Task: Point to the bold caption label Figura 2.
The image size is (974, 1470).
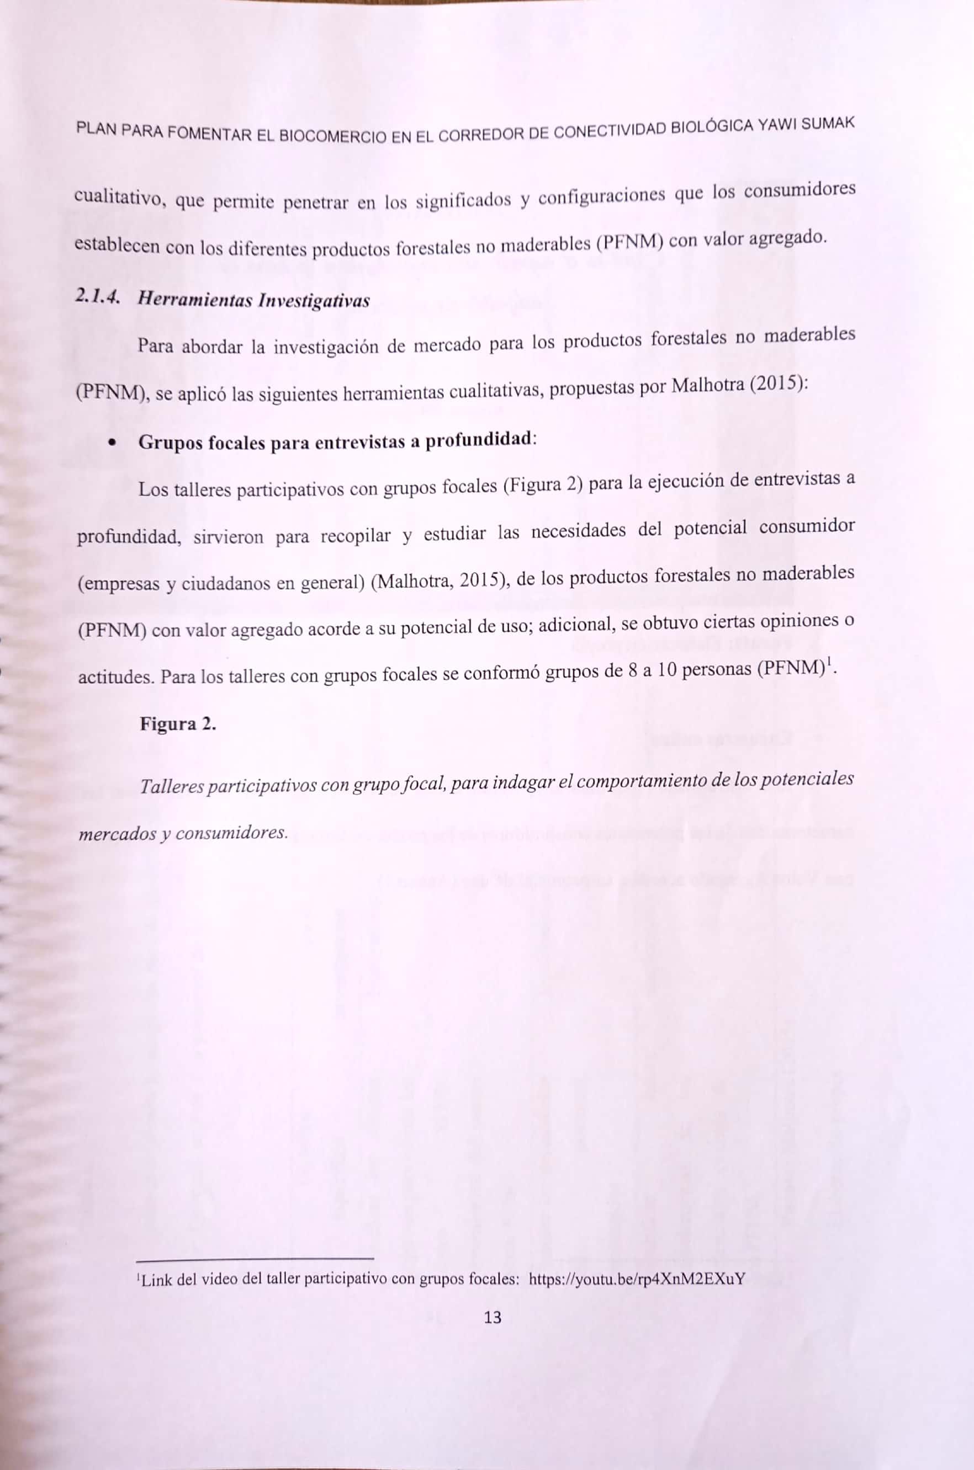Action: [178, 724]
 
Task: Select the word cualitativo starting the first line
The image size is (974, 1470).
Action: [118, 199]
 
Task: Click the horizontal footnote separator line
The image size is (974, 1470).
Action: [255, 1259]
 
